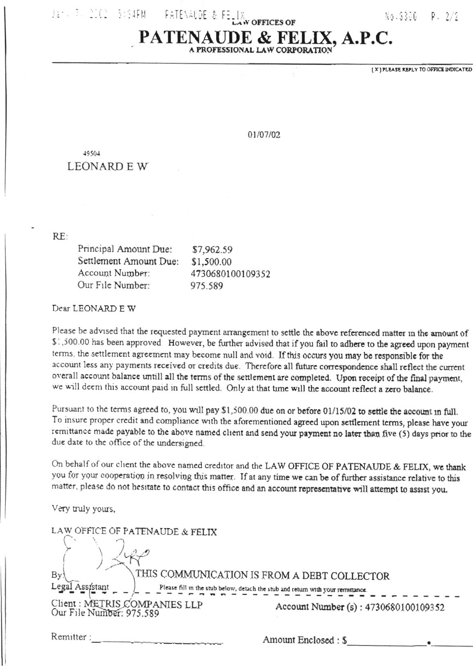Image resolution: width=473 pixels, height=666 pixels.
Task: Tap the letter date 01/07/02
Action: click(x=264, y=135)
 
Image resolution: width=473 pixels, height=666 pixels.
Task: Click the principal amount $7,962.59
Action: click(x=212, y=249)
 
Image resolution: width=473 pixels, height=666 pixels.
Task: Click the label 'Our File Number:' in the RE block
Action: click(x=113, y=285)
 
